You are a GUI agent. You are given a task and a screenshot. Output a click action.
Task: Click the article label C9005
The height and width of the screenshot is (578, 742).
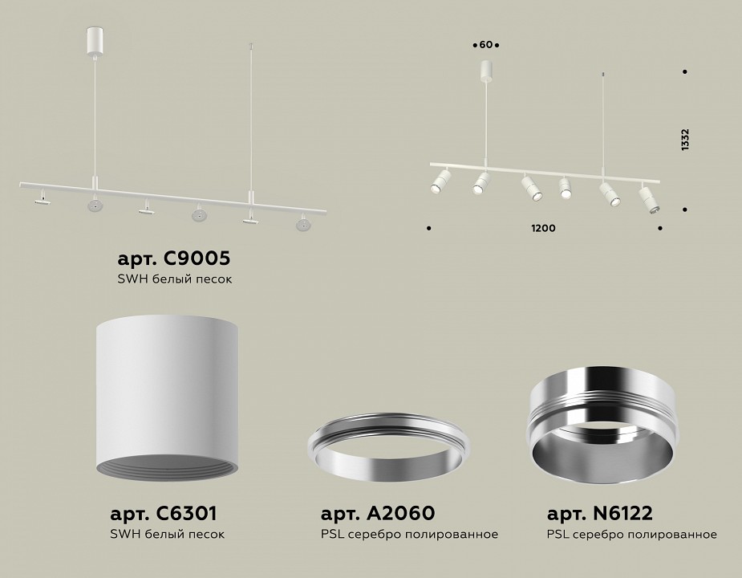[174, 258]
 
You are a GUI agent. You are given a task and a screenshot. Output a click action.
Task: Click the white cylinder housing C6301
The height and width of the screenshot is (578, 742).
[167, 393]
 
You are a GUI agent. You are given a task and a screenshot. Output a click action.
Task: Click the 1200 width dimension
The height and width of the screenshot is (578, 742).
[543, 229]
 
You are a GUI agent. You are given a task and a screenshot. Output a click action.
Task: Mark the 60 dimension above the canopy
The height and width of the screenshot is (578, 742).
[485, 44]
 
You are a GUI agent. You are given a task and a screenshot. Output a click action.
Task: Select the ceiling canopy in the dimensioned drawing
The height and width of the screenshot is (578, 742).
[486, 70]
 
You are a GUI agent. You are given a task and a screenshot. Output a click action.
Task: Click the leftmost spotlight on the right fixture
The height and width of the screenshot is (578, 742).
[440, 181]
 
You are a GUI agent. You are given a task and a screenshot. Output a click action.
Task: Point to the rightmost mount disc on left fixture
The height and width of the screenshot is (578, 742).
[302, 224]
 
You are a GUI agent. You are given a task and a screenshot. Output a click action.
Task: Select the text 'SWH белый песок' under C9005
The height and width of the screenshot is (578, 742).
[174, 279]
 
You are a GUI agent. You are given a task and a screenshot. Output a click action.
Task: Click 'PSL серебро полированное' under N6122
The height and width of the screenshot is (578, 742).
[631, 535]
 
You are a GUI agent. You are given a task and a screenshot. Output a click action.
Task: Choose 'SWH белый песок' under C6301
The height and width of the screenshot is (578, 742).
[167, 535]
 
